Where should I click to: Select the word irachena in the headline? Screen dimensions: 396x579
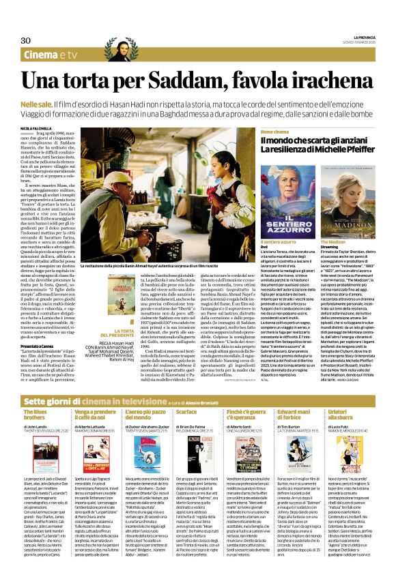(333, 81)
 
